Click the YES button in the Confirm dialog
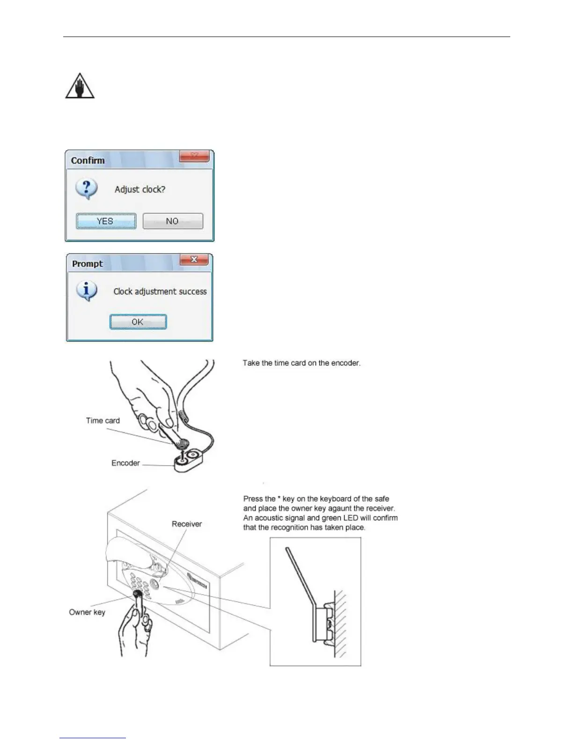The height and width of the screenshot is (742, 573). [x=106, y=221]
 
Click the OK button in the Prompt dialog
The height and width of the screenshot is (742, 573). [x=138, y=322]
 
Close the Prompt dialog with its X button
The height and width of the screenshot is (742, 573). [x=194, y=260]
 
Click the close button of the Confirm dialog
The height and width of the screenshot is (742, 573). [x=194, y=156]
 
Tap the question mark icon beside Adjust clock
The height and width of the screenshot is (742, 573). [x=87, y=189]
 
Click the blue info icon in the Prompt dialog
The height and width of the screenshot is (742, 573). [x=87, y=291]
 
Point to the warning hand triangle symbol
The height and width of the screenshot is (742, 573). [x=80, y=86]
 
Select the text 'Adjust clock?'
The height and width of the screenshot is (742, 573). [x=140, y=190]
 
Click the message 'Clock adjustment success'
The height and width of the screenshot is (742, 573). [x=160, y=291]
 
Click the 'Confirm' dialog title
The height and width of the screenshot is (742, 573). [x=88, y=160]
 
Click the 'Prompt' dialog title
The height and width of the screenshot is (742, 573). [x=88, y=264]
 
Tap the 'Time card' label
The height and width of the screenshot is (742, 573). [x=103, y=421]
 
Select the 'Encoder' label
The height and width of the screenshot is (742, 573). [x=125, y=463]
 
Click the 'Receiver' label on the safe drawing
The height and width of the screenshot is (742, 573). [x=186, y=524]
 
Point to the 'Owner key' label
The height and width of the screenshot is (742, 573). [x=87, y=612]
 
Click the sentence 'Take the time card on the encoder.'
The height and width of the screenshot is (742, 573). [x=301, y=363]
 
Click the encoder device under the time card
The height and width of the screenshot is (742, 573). [x=188, y=461]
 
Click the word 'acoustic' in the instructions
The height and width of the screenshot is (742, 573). [x=269, y=518]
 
